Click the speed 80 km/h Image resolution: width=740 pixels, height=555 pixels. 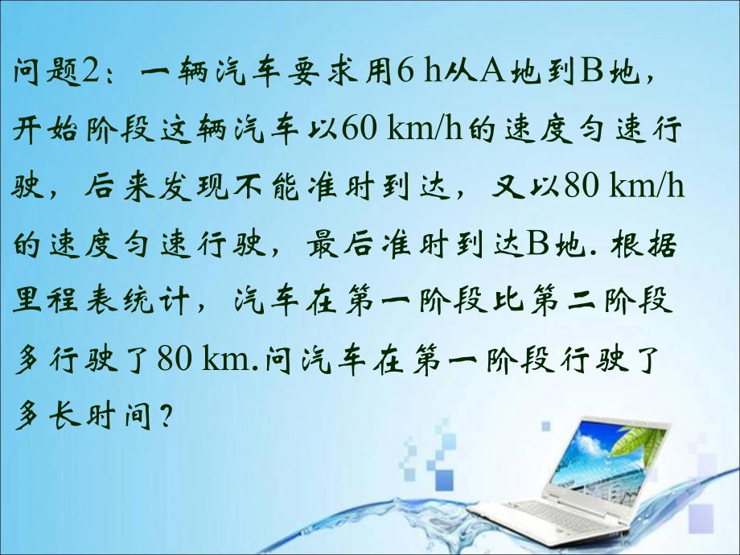(x=623, y=185)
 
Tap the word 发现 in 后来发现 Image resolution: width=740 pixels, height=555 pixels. (x=195, y=185)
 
